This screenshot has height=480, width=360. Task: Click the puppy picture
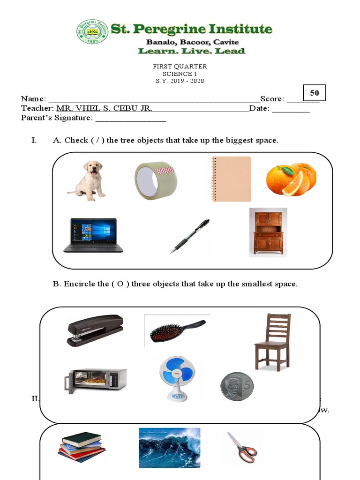pos(88,180)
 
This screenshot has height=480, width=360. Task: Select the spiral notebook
pos(231,179)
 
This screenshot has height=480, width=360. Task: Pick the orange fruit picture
pos(291,179)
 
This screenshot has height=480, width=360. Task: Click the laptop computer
pos(93,235)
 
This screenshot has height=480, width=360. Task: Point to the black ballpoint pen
pos(190,236)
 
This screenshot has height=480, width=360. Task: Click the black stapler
pos(95,330)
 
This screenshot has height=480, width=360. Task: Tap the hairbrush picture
pos(177,330)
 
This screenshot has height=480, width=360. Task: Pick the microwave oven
pos(96,380)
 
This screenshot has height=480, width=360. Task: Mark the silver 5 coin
pos(237,386)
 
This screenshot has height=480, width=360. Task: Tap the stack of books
pos(82,446)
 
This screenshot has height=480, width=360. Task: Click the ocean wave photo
pos(169,448)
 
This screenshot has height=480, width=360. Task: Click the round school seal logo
pos(92,32)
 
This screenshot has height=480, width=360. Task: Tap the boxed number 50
pos(314,93)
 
